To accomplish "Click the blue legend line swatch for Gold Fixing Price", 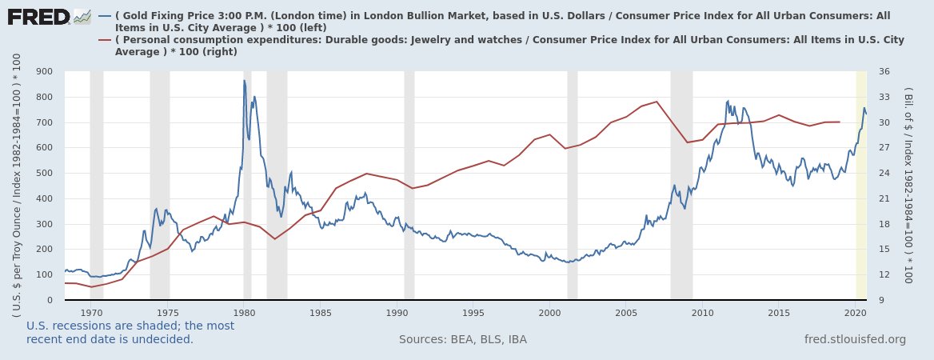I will pyautogui.click(x=106, y=16).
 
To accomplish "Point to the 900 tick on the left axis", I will pyautogui.click(x=45, y=72).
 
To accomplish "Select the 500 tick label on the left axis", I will pyautogui.click(x=45, y=174).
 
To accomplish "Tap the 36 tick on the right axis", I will pyautogui.click(x=884, y=72).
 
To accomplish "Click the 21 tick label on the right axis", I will pyautogui.click(x=884, y=199).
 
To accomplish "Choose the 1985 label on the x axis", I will pyautogui.click(x=320, y=313).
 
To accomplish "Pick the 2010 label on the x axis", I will pyautogui.click(x=702, y=313).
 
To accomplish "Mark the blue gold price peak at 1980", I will pyautogui.click(x=245, y=80).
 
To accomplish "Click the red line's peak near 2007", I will pyautogui.click(x=657, y=102).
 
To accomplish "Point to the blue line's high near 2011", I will pyautogui.click(x=728, y=101).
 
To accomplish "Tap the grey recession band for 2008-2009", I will pyautogui.click(x=681, y=184).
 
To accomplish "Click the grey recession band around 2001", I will pyautogui.click(x=573, y=184).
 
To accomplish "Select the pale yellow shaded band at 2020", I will pyautogui.click(x=861, y=184).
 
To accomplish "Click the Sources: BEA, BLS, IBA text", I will pyautogui.click(x=462, y=340).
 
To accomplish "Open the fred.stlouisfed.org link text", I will pyautogui.click(x=855, y=340).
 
